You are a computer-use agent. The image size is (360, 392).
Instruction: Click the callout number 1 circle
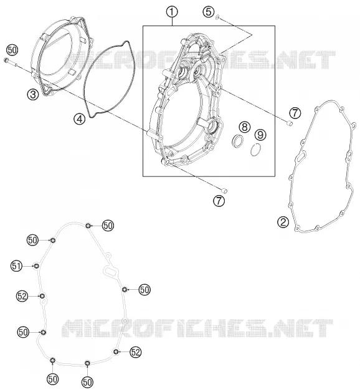click(173, 12)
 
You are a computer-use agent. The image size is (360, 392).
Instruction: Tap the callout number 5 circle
click(209, 12)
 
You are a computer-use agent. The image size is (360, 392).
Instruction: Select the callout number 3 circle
click(34, 95)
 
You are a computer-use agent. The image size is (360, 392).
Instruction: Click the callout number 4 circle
click(80, 119)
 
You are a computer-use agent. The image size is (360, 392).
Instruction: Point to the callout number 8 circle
click(245, 127)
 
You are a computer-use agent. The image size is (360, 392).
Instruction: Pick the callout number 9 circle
click(260, 135)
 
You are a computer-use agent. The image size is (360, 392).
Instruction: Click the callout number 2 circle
click(283, 222)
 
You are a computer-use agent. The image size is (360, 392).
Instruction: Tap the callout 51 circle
click(16, 266)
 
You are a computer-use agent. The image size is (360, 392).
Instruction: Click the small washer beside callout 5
click(217, 17)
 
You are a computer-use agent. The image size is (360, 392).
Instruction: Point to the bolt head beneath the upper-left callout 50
click(6, 60)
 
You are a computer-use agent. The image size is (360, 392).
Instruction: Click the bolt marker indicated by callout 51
click(37, 266)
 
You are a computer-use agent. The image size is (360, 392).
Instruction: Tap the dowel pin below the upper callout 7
click(289, 123)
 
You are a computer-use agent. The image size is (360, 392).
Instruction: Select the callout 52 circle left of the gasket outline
click(22, 296)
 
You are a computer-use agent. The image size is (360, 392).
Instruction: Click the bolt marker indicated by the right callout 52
click(116, 352)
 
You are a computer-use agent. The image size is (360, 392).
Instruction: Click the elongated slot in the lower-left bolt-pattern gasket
click(110, 271)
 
